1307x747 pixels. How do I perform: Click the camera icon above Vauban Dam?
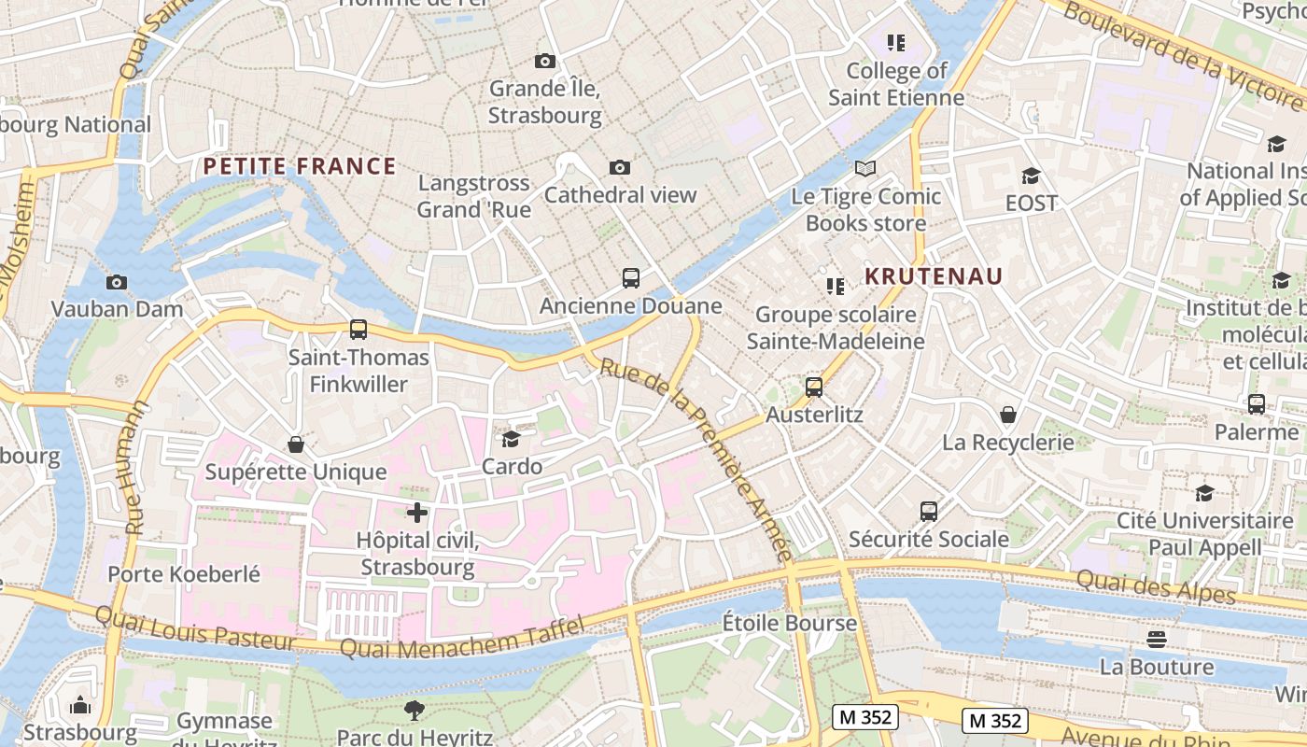point(117,282)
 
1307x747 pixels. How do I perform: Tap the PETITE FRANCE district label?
point(300,167)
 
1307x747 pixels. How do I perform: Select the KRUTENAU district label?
point(933,276)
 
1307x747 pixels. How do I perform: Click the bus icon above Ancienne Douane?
point(631,277)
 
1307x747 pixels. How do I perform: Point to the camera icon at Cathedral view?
point(619,167)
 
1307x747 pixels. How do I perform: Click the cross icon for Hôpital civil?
point(417,512)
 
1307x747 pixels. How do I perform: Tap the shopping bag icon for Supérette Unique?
point(296,444)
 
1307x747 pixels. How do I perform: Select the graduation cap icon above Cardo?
point(511,439)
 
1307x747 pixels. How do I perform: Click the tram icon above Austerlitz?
point(814,387)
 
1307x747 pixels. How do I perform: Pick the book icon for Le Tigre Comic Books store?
point(865,168)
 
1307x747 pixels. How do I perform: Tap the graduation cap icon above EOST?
point(1031,176)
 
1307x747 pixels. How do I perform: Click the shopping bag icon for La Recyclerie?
point(1008,415)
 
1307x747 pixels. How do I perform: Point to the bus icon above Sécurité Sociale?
point(928,511)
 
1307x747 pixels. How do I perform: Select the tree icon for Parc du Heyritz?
point(415,710)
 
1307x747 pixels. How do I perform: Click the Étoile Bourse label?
point(790,623)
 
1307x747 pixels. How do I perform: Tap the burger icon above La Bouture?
point(1157,640)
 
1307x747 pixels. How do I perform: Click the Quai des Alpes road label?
point(1156,586)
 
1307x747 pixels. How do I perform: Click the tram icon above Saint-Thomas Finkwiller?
point(358,329)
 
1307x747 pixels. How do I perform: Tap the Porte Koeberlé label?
point(184,573)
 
